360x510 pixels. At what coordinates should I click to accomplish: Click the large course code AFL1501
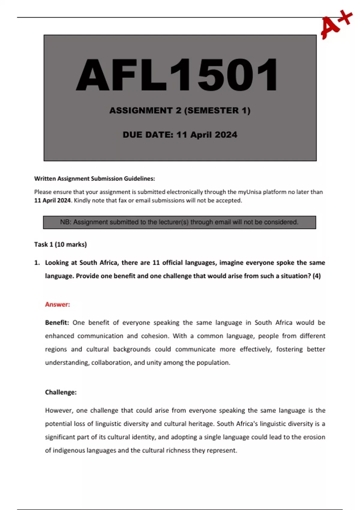[x=177, y=75]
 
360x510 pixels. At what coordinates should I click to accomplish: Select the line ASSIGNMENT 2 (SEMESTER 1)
[x=180, y=111]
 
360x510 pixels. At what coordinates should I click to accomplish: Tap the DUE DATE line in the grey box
[x=180, y=135]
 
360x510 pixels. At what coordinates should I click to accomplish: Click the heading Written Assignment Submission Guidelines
[x=94, y=179]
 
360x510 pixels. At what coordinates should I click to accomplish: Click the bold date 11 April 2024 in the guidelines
[x=52, y=200]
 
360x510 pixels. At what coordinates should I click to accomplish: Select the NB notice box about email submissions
[x=179, y=222]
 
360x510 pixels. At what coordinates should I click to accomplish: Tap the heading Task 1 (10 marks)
[x=60, y=244]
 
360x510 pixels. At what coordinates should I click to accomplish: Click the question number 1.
[x=37, y=263]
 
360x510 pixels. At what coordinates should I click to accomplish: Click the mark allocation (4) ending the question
[x=316, y=276]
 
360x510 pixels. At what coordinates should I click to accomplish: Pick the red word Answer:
[x=57, y=304]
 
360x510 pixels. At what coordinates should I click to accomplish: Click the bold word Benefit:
[x=57, y=323]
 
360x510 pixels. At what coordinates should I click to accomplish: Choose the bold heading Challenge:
[x=61, y=392]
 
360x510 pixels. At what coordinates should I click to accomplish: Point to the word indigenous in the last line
[x=68, y=450]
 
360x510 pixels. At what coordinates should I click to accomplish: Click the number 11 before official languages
[x=156, y=263]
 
